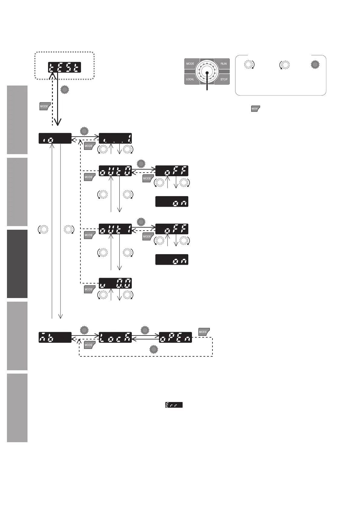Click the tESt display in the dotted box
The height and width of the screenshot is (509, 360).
(64, 67)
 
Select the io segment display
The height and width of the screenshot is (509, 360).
(55, 138)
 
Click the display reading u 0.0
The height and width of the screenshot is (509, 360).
(115, 283)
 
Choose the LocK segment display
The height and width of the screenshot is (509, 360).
(115, 337)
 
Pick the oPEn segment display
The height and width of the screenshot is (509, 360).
(176, 337)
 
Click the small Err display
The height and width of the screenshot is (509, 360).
(174, 405)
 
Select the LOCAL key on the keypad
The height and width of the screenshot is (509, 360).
(191, 79)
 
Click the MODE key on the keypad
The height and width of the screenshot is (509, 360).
(191, 64)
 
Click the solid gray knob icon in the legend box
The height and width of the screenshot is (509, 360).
(315, 64)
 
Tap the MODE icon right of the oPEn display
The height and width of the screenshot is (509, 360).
(204, 332)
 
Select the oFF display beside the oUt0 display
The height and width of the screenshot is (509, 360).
(172, 171)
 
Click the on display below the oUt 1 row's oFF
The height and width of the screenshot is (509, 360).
(172, 260)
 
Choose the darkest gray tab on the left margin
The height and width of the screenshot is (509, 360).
(17, 264)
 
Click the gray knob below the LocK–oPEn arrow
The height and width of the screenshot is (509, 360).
(154, 350)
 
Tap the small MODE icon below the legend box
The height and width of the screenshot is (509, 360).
(255, 109)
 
